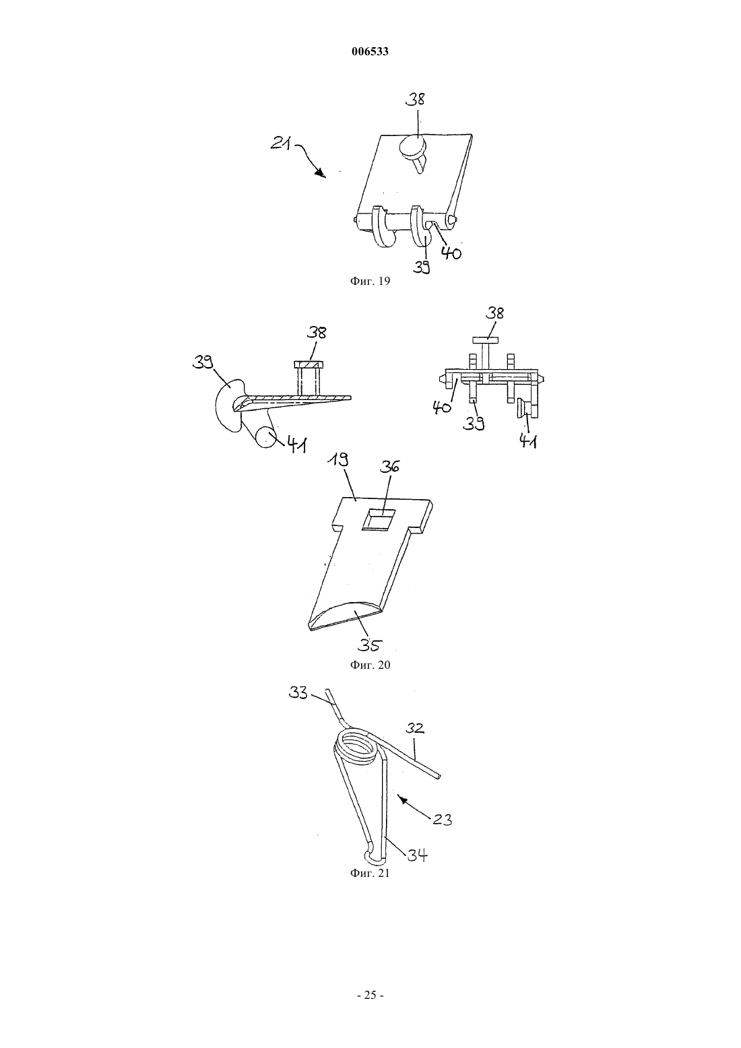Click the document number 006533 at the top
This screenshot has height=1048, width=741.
pos(370,51)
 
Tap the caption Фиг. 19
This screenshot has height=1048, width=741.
pos(370,281)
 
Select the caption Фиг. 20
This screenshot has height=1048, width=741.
pos(370,665)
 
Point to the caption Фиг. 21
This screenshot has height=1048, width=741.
pos(370,873)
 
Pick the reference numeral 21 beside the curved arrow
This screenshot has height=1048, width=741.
pos(281,143)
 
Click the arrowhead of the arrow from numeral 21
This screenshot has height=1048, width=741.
pos(321,174)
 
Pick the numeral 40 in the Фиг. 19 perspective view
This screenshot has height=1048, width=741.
pos(451,253)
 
